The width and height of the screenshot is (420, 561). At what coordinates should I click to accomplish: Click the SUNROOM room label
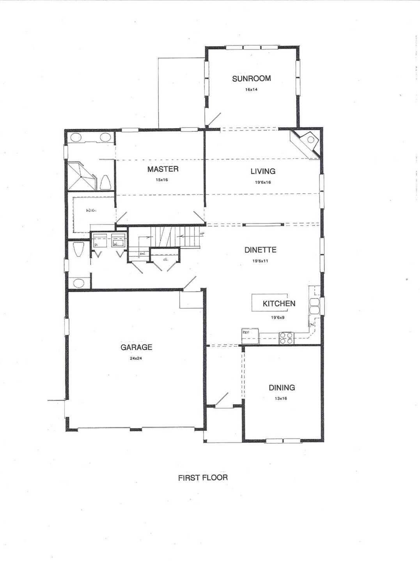(251, 78)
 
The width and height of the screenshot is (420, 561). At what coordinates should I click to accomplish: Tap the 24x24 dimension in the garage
(136, 358)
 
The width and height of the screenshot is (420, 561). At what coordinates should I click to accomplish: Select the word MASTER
(163, 169)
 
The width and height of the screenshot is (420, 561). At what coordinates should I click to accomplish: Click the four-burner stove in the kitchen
(286, 338)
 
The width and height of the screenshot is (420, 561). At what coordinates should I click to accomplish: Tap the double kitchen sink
(314, 306)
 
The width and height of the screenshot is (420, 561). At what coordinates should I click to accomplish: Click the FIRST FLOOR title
(203, 477)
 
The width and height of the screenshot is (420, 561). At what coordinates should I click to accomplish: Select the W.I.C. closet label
(91, 210)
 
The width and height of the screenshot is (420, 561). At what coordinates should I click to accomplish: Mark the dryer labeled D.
(96, 244)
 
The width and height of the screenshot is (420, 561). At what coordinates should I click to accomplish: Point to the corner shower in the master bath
(81, 176)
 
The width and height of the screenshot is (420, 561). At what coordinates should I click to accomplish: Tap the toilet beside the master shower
(105, 182)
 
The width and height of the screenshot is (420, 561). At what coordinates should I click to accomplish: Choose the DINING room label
(282, 388)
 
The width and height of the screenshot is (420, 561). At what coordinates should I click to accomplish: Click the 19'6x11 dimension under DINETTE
(260, 261)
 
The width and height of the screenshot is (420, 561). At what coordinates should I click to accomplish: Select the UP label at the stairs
(202, 234)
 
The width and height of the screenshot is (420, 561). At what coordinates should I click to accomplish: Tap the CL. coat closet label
(165, 259)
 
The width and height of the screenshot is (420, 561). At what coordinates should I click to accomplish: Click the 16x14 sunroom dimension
(251, 90)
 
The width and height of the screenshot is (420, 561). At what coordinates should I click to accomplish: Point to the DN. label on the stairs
(142, 254)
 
